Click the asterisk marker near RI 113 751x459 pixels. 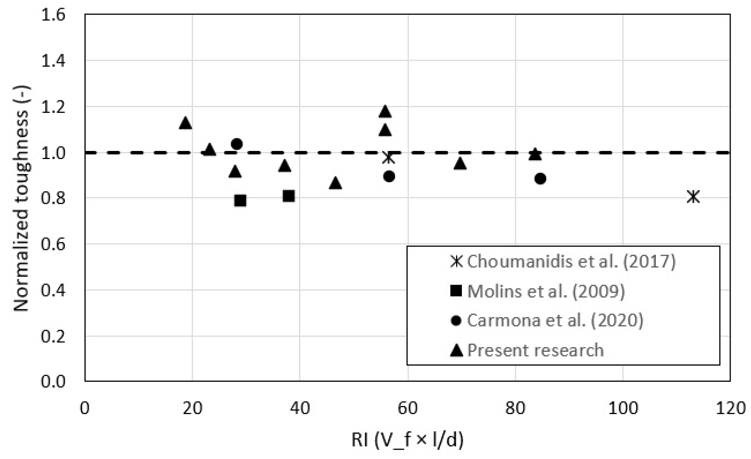tap(693, 197)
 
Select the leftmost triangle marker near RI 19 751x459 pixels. tap(185, 123)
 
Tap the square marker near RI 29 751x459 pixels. tap(240, 201)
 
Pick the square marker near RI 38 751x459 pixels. tap(288, 196)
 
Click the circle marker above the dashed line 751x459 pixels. tap(237, 144)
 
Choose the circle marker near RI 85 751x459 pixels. tap(540, 179)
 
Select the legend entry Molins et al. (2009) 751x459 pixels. tap(546, 291)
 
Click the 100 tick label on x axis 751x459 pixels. tap(622, 408)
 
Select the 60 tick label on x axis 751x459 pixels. tap(407, 408)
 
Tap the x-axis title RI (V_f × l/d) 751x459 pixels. tap(407, 440)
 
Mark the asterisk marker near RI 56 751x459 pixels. tap(388, 157)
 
